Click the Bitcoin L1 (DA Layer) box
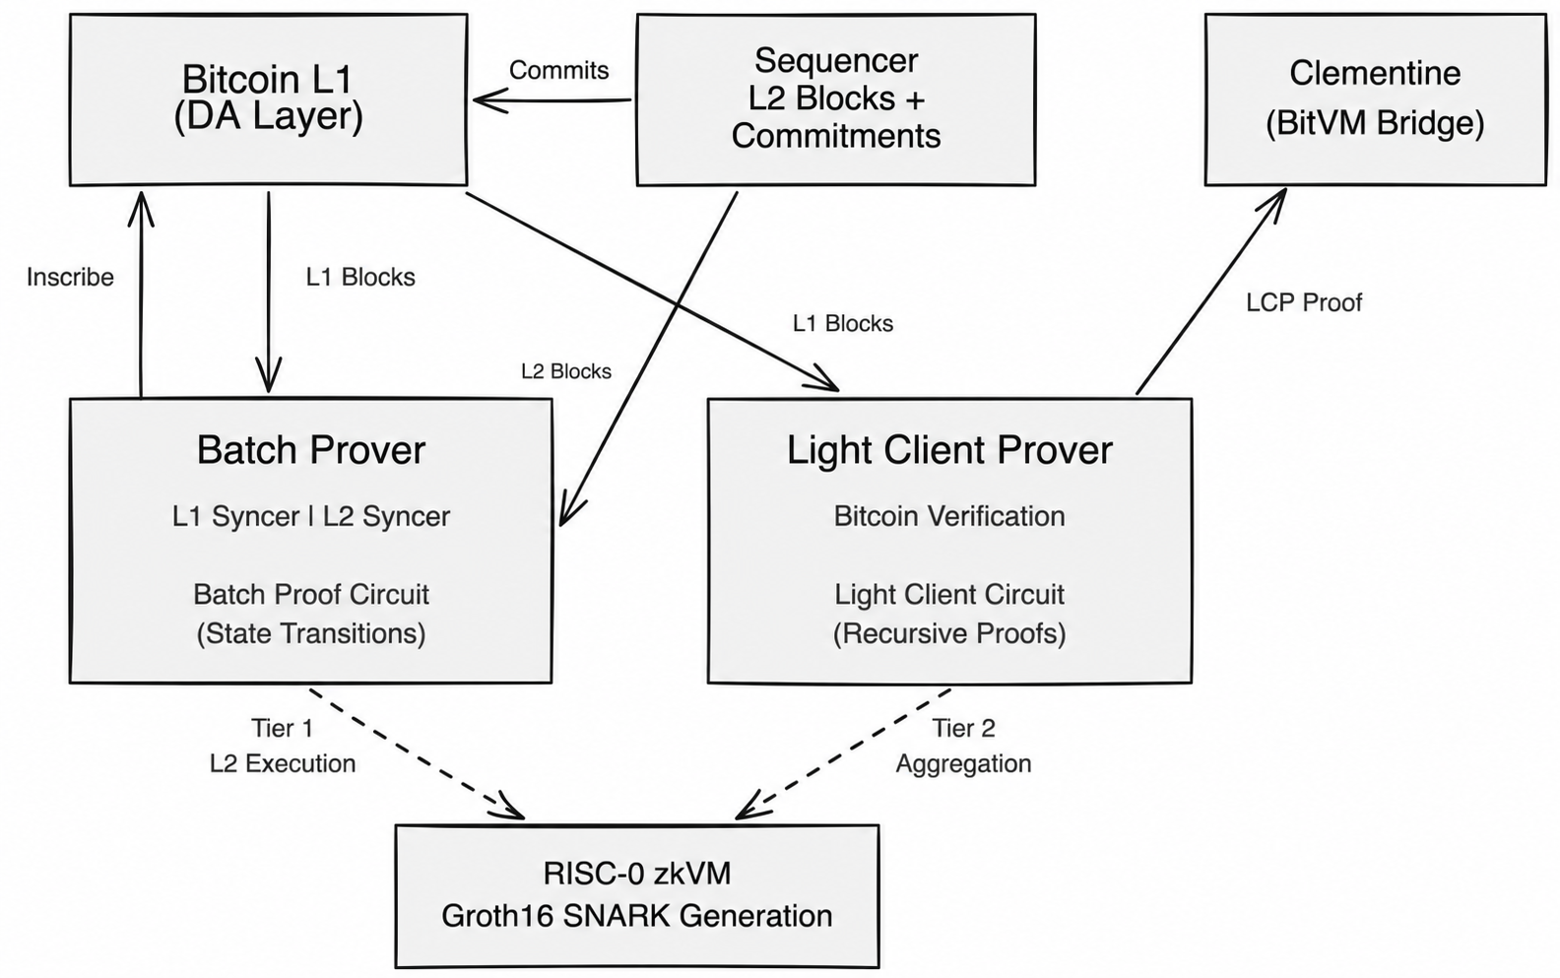click(x=268, y=99)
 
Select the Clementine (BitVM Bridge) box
click(x=1376, y=99)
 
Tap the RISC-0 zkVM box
click(x=637, y=896)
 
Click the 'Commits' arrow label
click(x=558, y=70)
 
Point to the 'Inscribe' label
click(x=70, y=277)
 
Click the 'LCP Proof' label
click(x=1304, y=302)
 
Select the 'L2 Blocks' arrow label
click(x=566, y=371)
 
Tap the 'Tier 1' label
click(x=282, y=728)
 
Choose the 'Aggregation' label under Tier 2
click(x=963, y=764)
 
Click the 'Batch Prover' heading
click(x=310, y=449)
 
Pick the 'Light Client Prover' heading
click(x=949, y=450)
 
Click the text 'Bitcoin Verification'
click(x=949, y=516)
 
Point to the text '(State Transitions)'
click(x=310, y=633)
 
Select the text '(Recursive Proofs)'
click(x=949, y=633)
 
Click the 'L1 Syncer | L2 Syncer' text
click(x=310, y=516)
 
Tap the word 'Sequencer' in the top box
click(x=836, y=61)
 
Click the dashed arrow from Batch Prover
click(x=417, y=753)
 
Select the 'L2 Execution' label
click(x=282, y=764)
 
